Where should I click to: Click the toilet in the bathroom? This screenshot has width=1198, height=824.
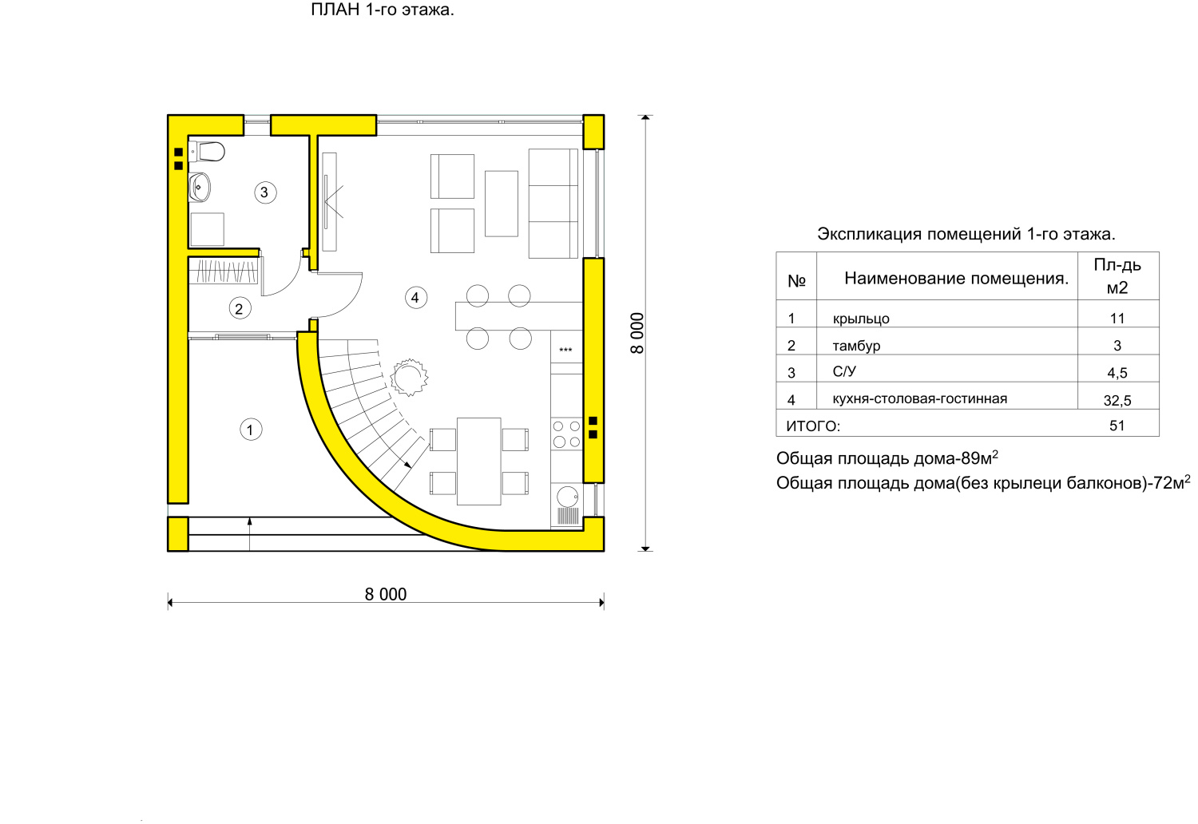pos(206,152)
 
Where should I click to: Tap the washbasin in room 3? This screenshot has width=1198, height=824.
pos(200,187)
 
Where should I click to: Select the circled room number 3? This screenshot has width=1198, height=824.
pos(264,192)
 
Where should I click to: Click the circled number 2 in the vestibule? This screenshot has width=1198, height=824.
pos(240,308)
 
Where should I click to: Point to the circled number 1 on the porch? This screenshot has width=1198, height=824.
pos(250,430)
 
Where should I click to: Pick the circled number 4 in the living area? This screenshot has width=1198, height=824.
pos(415,298)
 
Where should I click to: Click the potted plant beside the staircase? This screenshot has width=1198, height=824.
pos(409,377)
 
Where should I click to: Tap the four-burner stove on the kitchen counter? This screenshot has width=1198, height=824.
pos(566,434)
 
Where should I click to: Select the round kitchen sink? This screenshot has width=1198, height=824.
pos(567,496)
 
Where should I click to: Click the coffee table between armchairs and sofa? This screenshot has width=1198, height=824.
pos(501,203)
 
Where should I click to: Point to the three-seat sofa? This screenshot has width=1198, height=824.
pos(553,203)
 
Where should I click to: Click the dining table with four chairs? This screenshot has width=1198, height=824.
pos(478,461)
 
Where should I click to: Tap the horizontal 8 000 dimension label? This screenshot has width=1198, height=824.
pos(386,594)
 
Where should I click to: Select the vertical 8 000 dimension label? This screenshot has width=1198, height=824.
pos(637,333)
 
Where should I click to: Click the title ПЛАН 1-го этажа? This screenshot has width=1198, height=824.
pos(383,10)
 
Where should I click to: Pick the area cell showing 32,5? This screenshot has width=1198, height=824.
pos(1117,401)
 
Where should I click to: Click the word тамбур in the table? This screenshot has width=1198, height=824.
pos(856,346)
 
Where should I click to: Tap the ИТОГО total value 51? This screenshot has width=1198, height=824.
pos(1117,426)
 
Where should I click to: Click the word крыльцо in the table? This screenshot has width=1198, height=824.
pos(860,319)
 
